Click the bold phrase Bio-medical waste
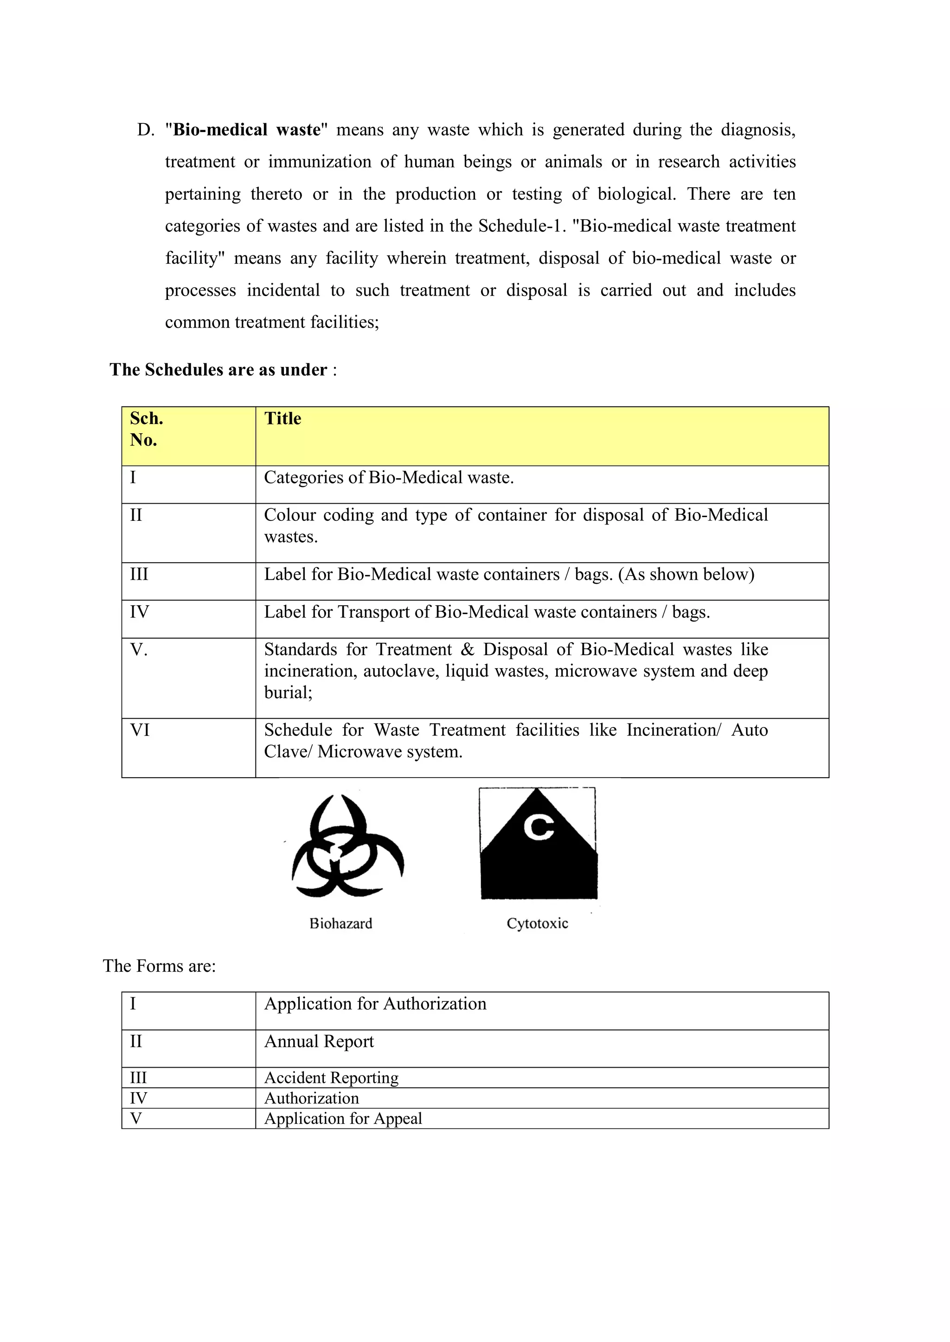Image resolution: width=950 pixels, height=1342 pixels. (247, 130)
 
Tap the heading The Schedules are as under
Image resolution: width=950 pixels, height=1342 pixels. (218, 370)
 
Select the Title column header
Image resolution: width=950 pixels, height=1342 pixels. (282, 418)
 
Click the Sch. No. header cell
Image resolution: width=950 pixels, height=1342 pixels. (146, 429)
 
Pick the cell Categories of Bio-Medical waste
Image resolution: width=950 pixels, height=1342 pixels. (388, 478)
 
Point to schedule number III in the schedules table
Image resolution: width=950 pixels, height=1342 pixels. (139, 575)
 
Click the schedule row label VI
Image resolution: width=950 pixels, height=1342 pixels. (140, 730)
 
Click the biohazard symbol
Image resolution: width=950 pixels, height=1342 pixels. (347, 846)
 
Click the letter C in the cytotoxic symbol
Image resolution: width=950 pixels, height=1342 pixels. (538, 827)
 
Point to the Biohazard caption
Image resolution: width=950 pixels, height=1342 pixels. (341, 924)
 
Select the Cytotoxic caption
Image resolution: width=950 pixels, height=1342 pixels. (537, 924)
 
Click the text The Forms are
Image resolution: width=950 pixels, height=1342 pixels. (159, 966)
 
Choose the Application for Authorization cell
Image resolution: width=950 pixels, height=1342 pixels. (375, 1004)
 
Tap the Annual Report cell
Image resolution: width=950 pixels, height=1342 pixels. (319, 1042)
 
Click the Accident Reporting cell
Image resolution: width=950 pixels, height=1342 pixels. (331, 1077)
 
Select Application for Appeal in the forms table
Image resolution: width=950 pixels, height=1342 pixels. (343, 1118)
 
